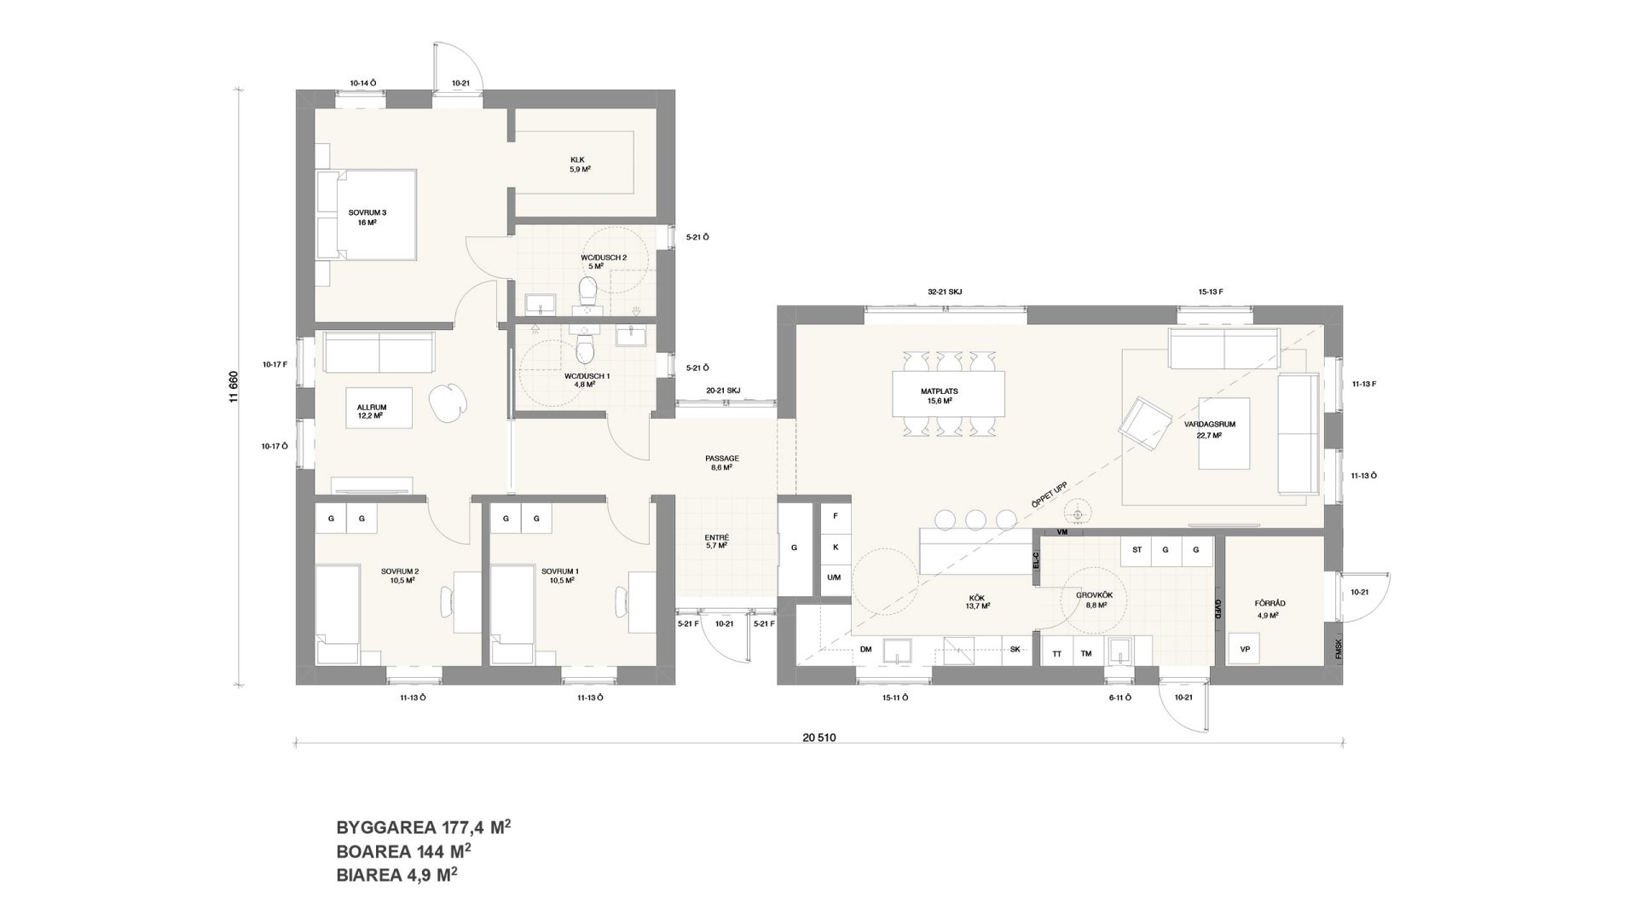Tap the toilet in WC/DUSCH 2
coord(587,291)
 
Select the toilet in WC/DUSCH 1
coord(585,347)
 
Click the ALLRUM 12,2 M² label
coord(369,413)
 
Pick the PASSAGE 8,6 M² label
coord(722,463)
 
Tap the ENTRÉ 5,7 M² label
coord(717,542)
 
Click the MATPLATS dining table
coord(948,395)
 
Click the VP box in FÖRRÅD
coord(1245,650)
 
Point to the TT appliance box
coord(1057,653)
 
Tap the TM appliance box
coord(1086,653)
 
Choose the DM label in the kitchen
coord(866,650)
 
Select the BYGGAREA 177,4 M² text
coord(424,827)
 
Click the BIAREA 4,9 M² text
coord(398,874)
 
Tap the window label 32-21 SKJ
coord(945,292)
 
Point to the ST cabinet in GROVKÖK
coord(1137,550)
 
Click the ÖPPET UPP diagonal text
coord(1050,492)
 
